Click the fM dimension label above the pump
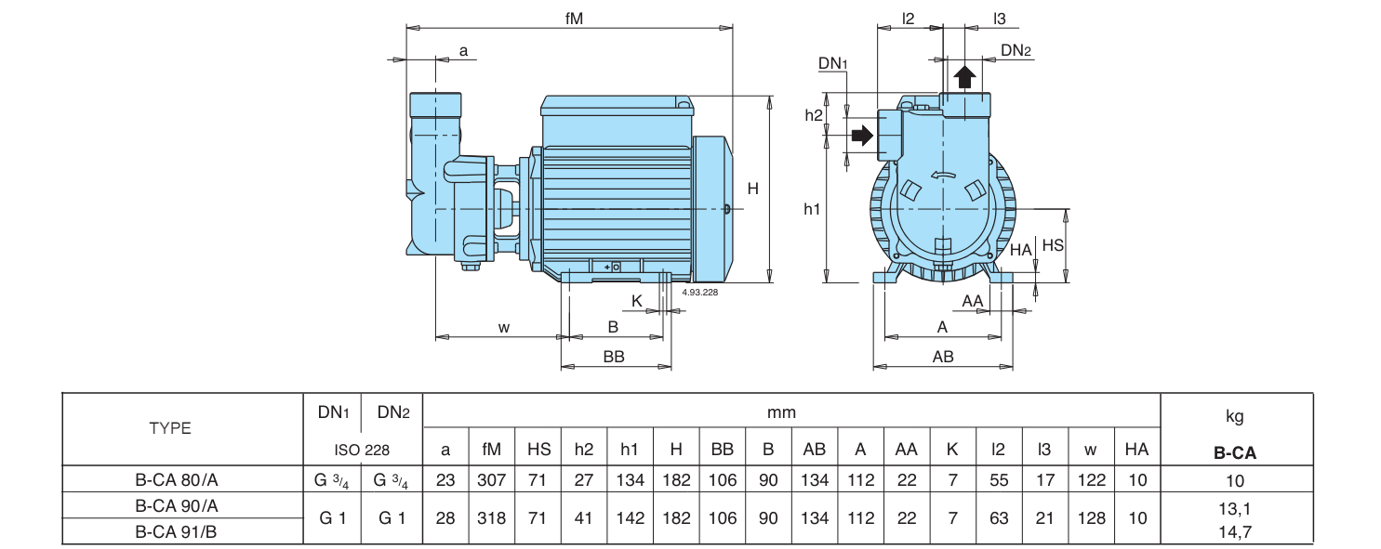coord(574,19)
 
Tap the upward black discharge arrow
coord(965,78)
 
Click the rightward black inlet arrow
coord(862,135)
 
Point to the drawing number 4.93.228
coord(699,292)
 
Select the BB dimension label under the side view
coord(614,357)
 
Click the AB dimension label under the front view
coord(943,357)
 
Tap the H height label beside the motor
coord(752,189)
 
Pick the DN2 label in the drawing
coord(1016,50)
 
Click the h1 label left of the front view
coord(812,210)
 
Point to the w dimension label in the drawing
coord(504,328)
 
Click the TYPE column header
coord(170,428)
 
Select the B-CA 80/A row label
coord(177,479)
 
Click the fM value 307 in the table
coord(491,479)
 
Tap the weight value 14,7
coord(1235,531)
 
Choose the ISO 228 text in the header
coord(362,450)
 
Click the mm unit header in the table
coord(781,412)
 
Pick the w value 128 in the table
coord(1091,518)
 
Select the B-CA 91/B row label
coord(176,531)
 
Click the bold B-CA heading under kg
coord(1235,453)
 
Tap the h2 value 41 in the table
coord(583,518)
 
